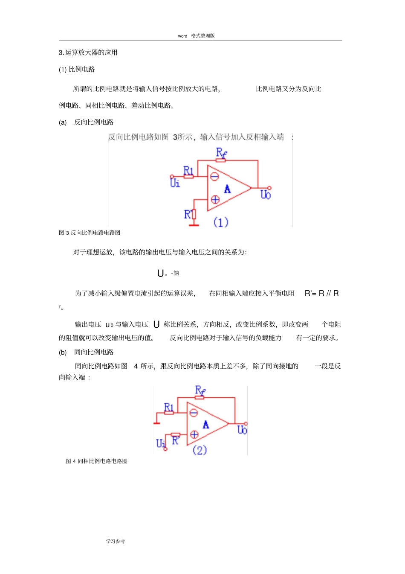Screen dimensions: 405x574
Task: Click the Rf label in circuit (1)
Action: (221, 152)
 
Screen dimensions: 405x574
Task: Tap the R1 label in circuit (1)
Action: (188, 170)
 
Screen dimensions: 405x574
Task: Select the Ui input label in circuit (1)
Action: (175, 183)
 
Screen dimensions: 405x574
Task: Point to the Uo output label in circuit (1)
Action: (266, 195)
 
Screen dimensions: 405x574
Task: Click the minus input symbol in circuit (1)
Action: (214, 176)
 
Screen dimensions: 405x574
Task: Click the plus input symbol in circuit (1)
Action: (215, 199)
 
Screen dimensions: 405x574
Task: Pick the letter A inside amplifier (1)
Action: (227, 189)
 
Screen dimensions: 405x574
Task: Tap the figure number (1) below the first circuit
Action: (221, 222)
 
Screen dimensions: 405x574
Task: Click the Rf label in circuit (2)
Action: (200, 390)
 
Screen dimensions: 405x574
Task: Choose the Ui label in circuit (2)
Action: (161, 443)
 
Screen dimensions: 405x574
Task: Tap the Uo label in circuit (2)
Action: (242, 430)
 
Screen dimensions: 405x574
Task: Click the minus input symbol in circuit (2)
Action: (194, 413)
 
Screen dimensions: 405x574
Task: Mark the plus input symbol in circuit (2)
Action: (194, 434)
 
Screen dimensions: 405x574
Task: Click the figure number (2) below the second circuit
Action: (200, 450)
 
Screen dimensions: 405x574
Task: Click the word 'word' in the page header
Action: (182, 36)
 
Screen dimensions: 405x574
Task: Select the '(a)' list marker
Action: (63, 122)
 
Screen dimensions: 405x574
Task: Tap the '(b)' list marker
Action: (63, 353)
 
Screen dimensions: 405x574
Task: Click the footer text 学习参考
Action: (116, 541)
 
